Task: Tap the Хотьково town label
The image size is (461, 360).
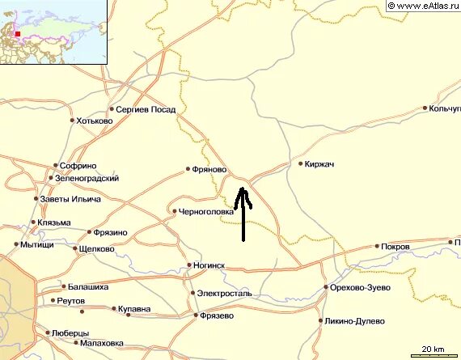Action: pos(95,121)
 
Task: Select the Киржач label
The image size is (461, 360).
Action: pos(320,163)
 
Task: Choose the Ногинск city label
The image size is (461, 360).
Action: pos(209,265)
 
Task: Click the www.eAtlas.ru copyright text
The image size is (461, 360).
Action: pos(422,6)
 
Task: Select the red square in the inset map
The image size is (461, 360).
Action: pos(16,35)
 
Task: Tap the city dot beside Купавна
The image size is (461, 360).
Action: pos(111,308)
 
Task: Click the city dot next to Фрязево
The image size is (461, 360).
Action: pos(195,315)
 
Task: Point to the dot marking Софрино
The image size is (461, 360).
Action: pos(55,165)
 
